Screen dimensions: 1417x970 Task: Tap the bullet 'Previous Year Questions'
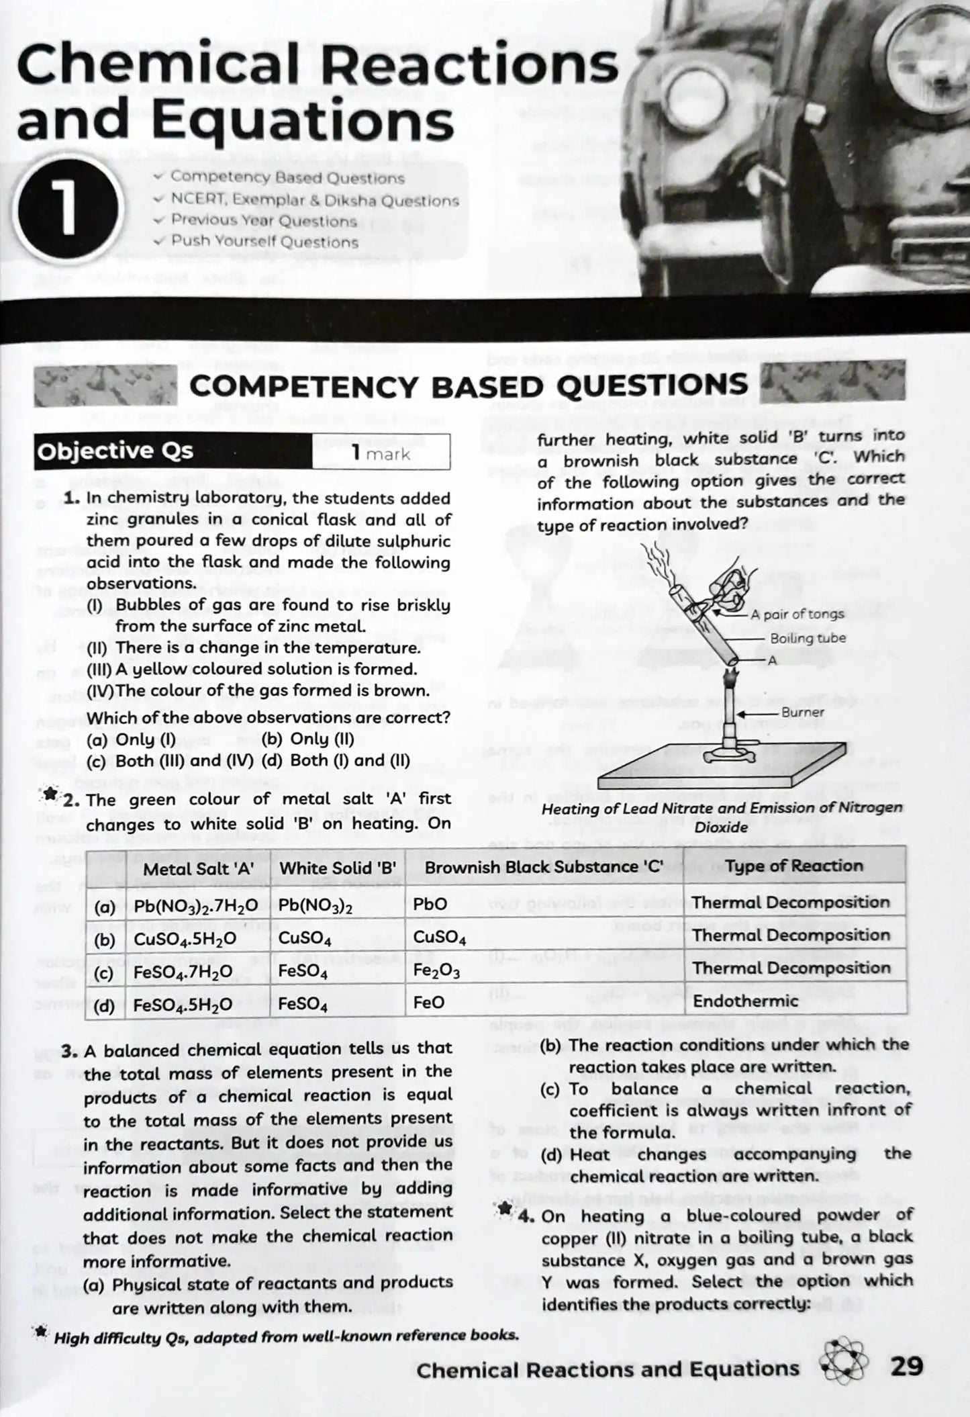262,221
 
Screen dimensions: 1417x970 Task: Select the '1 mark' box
381,453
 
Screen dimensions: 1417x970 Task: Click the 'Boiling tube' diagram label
808,638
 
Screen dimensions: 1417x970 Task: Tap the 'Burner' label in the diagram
802,712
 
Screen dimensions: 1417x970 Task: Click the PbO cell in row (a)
430,905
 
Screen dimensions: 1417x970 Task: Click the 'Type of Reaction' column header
794,866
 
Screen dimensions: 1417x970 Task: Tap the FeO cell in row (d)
428,1003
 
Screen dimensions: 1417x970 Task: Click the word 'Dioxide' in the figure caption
721,828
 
